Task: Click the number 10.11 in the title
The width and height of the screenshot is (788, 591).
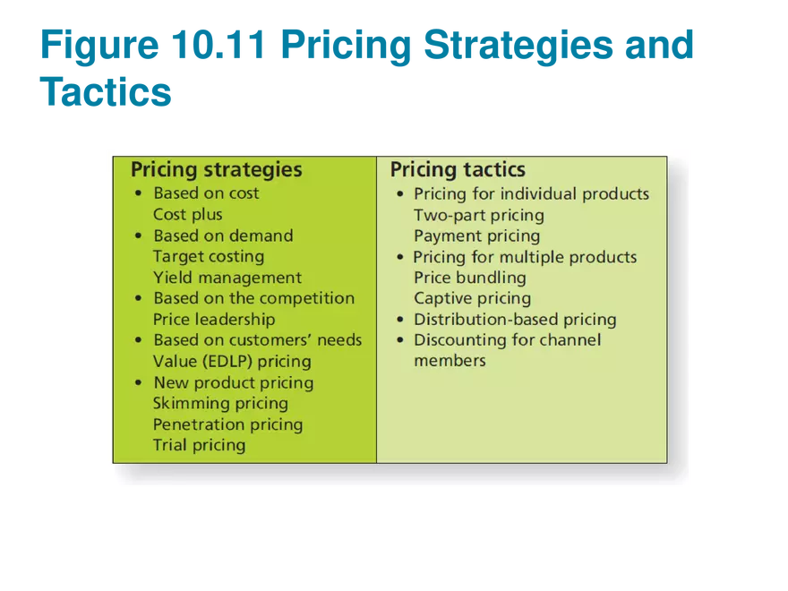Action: pyautogui.click(x=218, y=45)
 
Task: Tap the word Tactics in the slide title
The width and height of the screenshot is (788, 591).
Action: pyautogui.click(x=106, y=92)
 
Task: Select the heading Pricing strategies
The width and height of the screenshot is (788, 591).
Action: pyautogui.click(x=217, y=170)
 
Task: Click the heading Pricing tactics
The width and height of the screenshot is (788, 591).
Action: pyautogui.click(x=458, y=170)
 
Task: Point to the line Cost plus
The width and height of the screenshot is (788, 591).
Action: pyautogui.click(x=188, y=215)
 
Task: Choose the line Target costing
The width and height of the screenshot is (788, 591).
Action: pyautogui.click(x=209, y=257)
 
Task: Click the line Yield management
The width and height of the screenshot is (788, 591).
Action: pyautogui.click(x=227, y=278)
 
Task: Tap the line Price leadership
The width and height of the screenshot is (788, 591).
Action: pyautogui.click(x=214, y=320)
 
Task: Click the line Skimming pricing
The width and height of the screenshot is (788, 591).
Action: pyautogui.click(x=220, y=404)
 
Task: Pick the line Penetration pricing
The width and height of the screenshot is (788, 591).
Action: pyautogui.click(x=228, y=424)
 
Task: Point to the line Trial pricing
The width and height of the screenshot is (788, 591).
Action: pyautogui.click(x=200, y=445)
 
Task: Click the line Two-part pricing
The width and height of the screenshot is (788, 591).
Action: pyautogui.click(x=479, y=215)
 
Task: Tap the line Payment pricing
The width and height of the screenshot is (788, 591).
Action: pyautogui.click(x=477, y=236)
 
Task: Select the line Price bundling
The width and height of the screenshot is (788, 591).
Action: pyautogui.click(x=470, y=278)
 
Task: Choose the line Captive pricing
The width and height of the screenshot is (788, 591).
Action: pyautogui.click(x=473, y=298)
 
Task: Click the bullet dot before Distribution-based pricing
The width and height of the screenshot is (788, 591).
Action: pyautogui.click(x=400, y=319)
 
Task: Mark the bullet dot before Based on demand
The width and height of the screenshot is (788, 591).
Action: pyautogui.click(x=139, y=236)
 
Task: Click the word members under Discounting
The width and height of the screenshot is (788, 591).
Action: pyautogui.click(x=450, y=361)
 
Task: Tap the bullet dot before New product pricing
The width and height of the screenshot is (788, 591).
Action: pyautogui.click(x=139, y=382)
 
